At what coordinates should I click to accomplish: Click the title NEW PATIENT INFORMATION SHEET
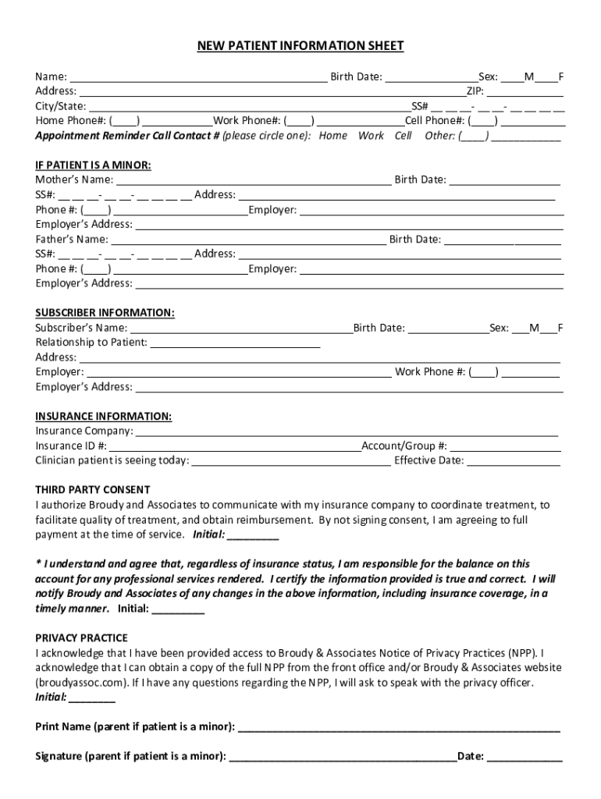coord(300,46)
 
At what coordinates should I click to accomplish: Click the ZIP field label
coord(475,91)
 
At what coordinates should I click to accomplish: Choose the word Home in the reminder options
coord(333,136)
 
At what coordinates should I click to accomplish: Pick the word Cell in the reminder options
coord(403,136)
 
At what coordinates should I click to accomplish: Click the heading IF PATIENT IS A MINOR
coord(93,165)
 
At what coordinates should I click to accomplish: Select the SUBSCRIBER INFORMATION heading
coord(105,313)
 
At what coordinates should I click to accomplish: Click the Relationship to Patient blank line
coord(235,343)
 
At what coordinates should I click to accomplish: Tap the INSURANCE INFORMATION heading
coord(103,416)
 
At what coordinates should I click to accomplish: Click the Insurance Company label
coord(84,431)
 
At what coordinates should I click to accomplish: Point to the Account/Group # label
coord(404,446)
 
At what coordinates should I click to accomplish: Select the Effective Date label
coord(429,460)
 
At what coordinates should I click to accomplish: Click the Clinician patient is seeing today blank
coord(290,462)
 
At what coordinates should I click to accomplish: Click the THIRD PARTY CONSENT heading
coord(92,490)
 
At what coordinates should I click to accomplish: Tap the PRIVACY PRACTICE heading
coord(81,637)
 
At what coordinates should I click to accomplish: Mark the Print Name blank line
coord(398,729)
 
